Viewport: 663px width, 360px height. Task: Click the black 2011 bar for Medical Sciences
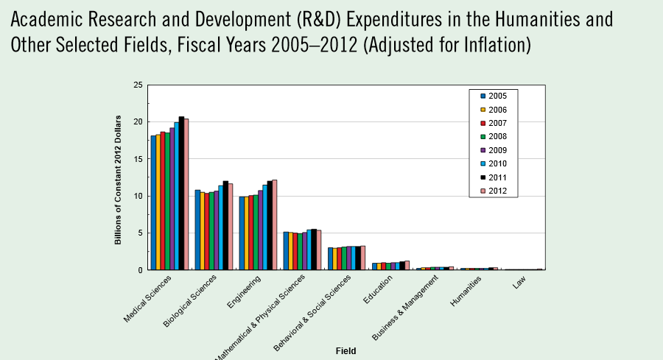(181, 193)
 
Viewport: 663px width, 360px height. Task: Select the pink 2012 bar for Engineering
(275, 225)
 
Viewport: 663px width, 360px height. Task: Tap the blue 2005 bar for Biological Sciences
(197, 230)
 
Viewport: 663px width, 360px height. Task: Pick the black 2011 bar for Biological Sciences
(225, 225)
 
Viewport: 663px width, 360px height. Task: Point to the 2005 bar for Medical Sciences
(153, 202)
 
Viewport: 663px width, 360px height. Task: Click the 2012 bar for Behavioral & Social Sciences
(363, 258)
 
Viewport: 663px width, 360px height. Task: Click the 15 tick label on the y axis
(138, 159)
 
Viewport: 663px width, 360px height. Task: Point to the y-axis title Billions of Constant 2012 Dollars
(118, 177)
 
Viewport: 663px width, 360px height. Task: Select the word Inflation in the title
(487, 45)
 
